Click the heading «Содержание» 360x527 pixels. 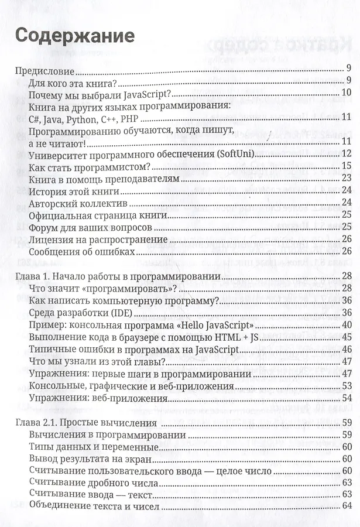click(74, 36)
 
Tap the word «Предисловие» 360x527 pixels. click(44, 71)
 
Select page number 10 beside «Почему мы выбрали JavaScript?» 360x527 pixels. click(345, 93)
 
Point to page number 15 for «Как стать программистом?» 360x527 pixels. click(345, 166)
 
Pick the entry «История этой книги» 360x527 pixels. click(74, 191)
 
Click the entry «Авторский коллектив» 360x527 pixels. click(78, 203)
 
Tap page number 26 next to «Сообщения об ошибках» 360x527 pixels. click(345, 252)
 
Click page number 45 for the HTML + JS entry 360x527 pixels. click(345, 338)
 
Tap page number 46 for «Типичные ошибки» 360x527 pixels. click(345, 350)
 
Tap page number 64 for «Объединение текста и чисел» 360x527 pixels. click(346, 507)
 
